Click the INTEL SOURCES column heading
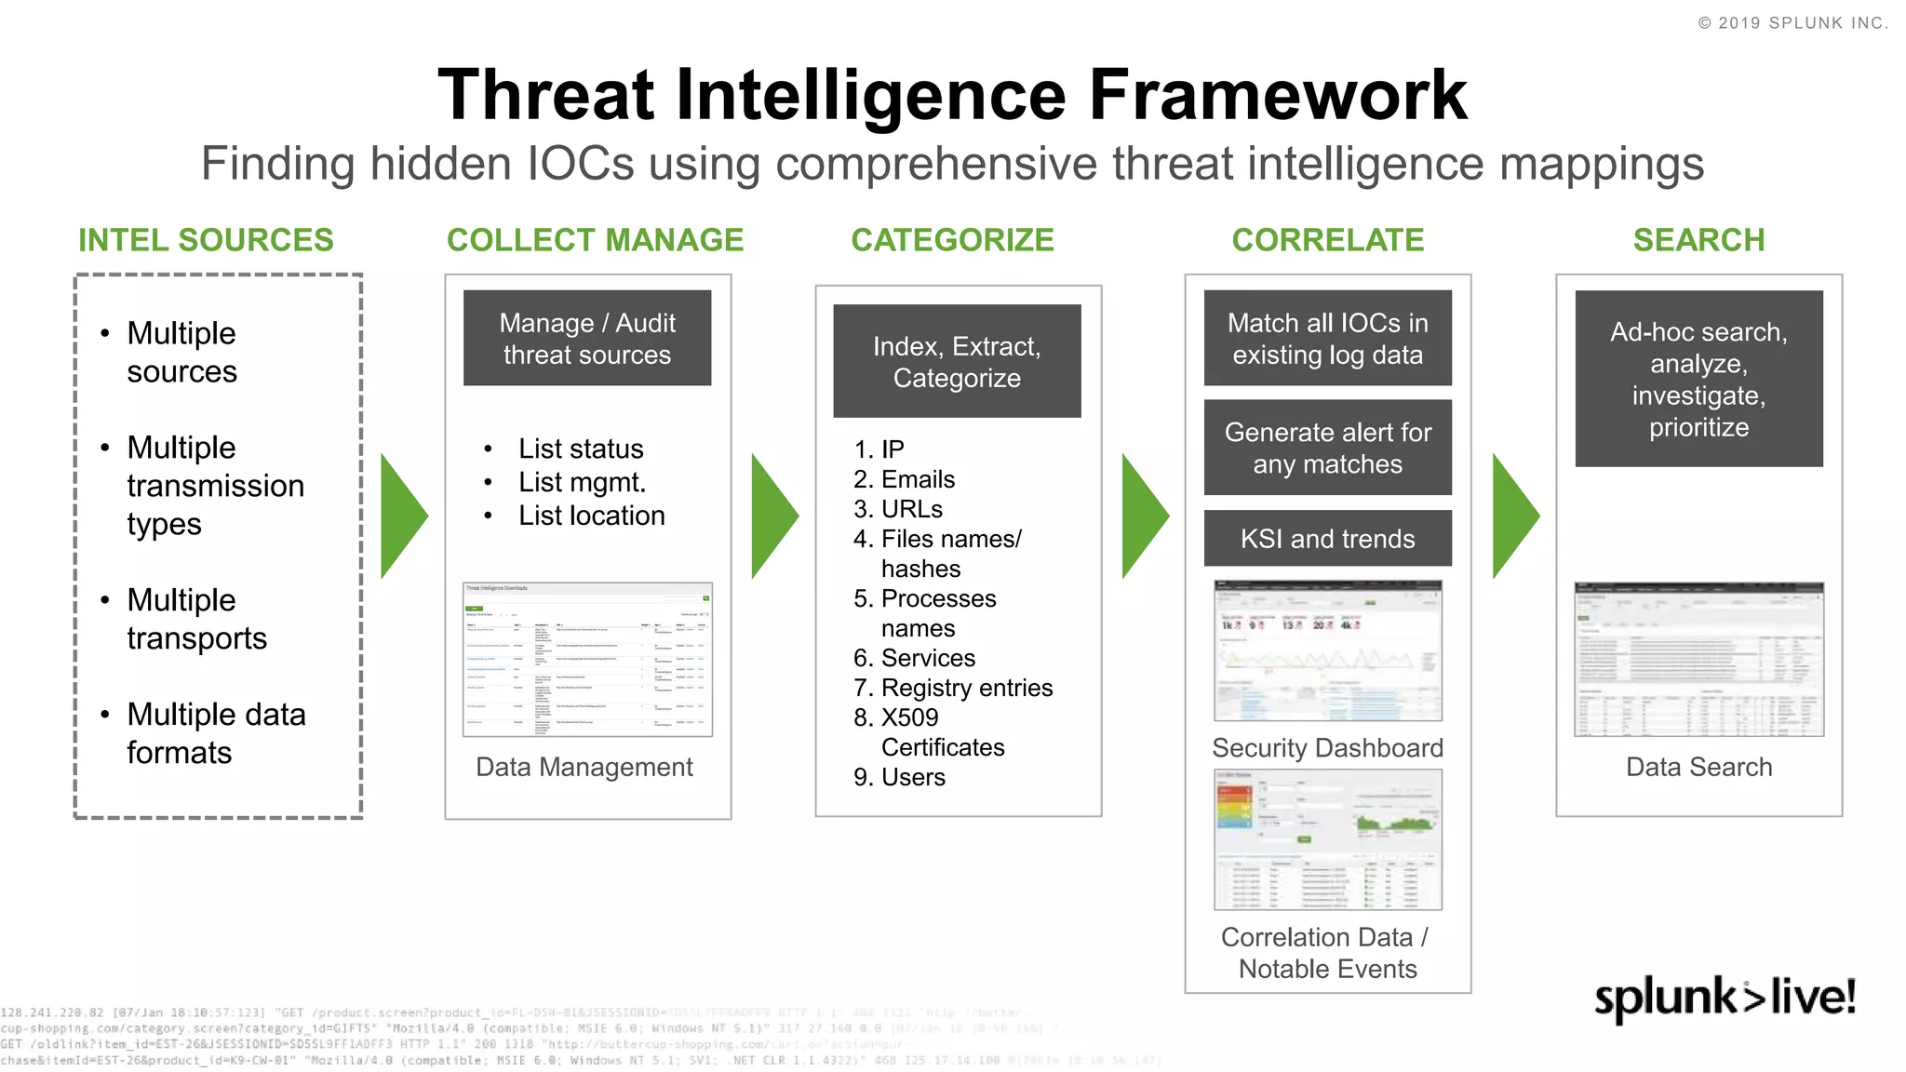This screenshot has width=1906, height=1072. tap(206, 240)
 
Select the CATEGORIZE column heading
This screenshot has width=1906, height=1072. tap(952, 240)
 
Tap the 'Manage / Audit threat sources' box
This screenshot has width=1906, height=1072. tap(587, 338)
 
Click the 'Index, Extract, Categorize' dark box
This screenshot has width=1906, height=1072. tap(957, 361)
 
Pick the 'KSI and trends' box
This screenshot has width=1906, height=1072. tap(1327, 539)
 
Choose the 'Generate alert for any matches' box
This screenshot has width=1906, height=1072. tap(1327, 448)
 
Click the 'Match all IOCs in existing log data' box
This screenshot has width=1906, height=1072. tap(1327, 338)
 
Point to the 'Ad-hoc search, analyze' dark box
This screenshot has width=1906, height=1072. tap(1698, 379)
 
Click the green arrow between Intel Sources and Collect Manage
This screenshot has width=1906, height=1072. tap(403, 516)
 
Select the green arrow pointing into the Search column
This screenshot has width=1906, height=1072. tap(1514, 516)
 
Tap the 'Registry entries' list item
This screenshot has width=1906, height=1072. tap(966, 688)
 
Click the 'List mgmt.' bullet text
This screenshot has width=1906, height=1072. tap(582, 482)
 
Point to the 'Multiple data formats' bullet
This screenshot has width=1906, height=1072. tap(216, 733)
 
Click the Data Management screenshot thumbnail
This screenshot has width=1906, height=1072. tap(587, 660)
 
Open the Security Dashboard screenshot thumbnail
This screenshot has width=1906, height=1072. tap(1327, 650)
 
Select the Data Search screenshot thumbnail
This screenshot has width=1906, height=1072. tap(1698, 660)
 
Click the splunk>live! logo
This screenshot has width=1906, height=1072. tap(1725, 998)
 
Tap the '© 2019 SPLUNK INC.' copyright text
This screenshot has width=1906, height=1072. tap(1792, 23)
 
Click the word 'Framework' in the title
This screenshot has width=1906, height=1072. tap(1278, 95)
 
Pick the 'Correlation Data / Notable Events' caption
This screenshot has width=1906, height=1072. tap(1327, 953)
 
